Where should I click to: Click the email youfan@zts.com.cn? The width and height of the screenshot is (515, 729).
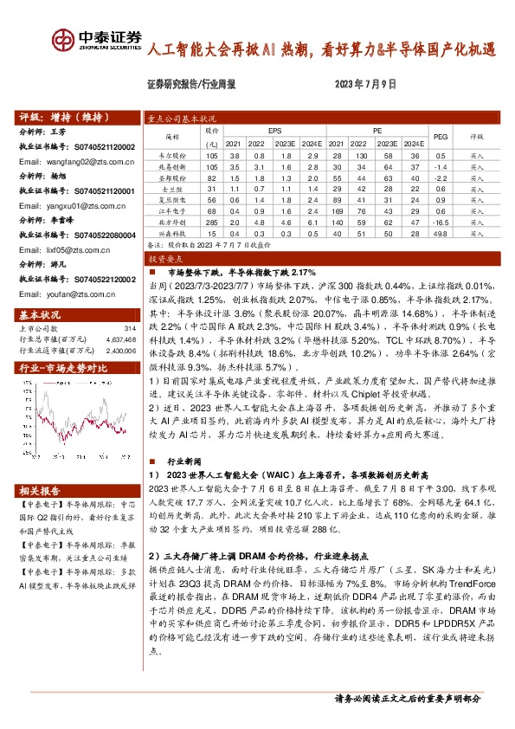coord(74,294)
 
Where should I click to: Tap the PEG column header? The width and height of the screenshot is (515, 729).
coord(441,137)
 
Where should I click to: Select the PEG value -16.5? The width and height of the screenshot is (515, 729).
coord(441,222)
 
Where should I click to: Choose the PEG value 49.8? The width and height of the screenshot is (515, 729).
coord(441,233)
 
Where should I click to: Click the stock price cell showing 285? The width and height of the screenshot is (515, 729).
coord(209,222)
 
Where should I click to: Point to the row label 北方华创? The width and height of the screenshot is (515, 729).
coord(171,222)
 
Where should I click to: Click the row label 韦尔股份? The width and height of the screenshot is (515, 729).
coord(171,154)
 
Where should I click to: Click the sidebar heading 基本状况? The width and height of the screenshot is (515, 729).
coord(36,313)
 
